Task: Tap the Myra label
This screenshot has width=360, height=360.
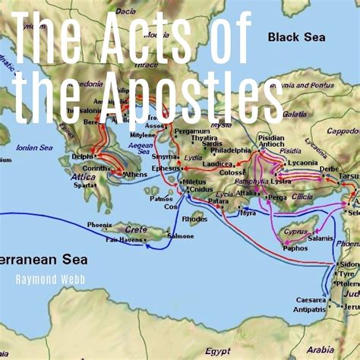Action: (248, 213)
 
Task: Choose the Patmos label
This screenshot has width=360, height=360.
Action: (161, 199)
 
